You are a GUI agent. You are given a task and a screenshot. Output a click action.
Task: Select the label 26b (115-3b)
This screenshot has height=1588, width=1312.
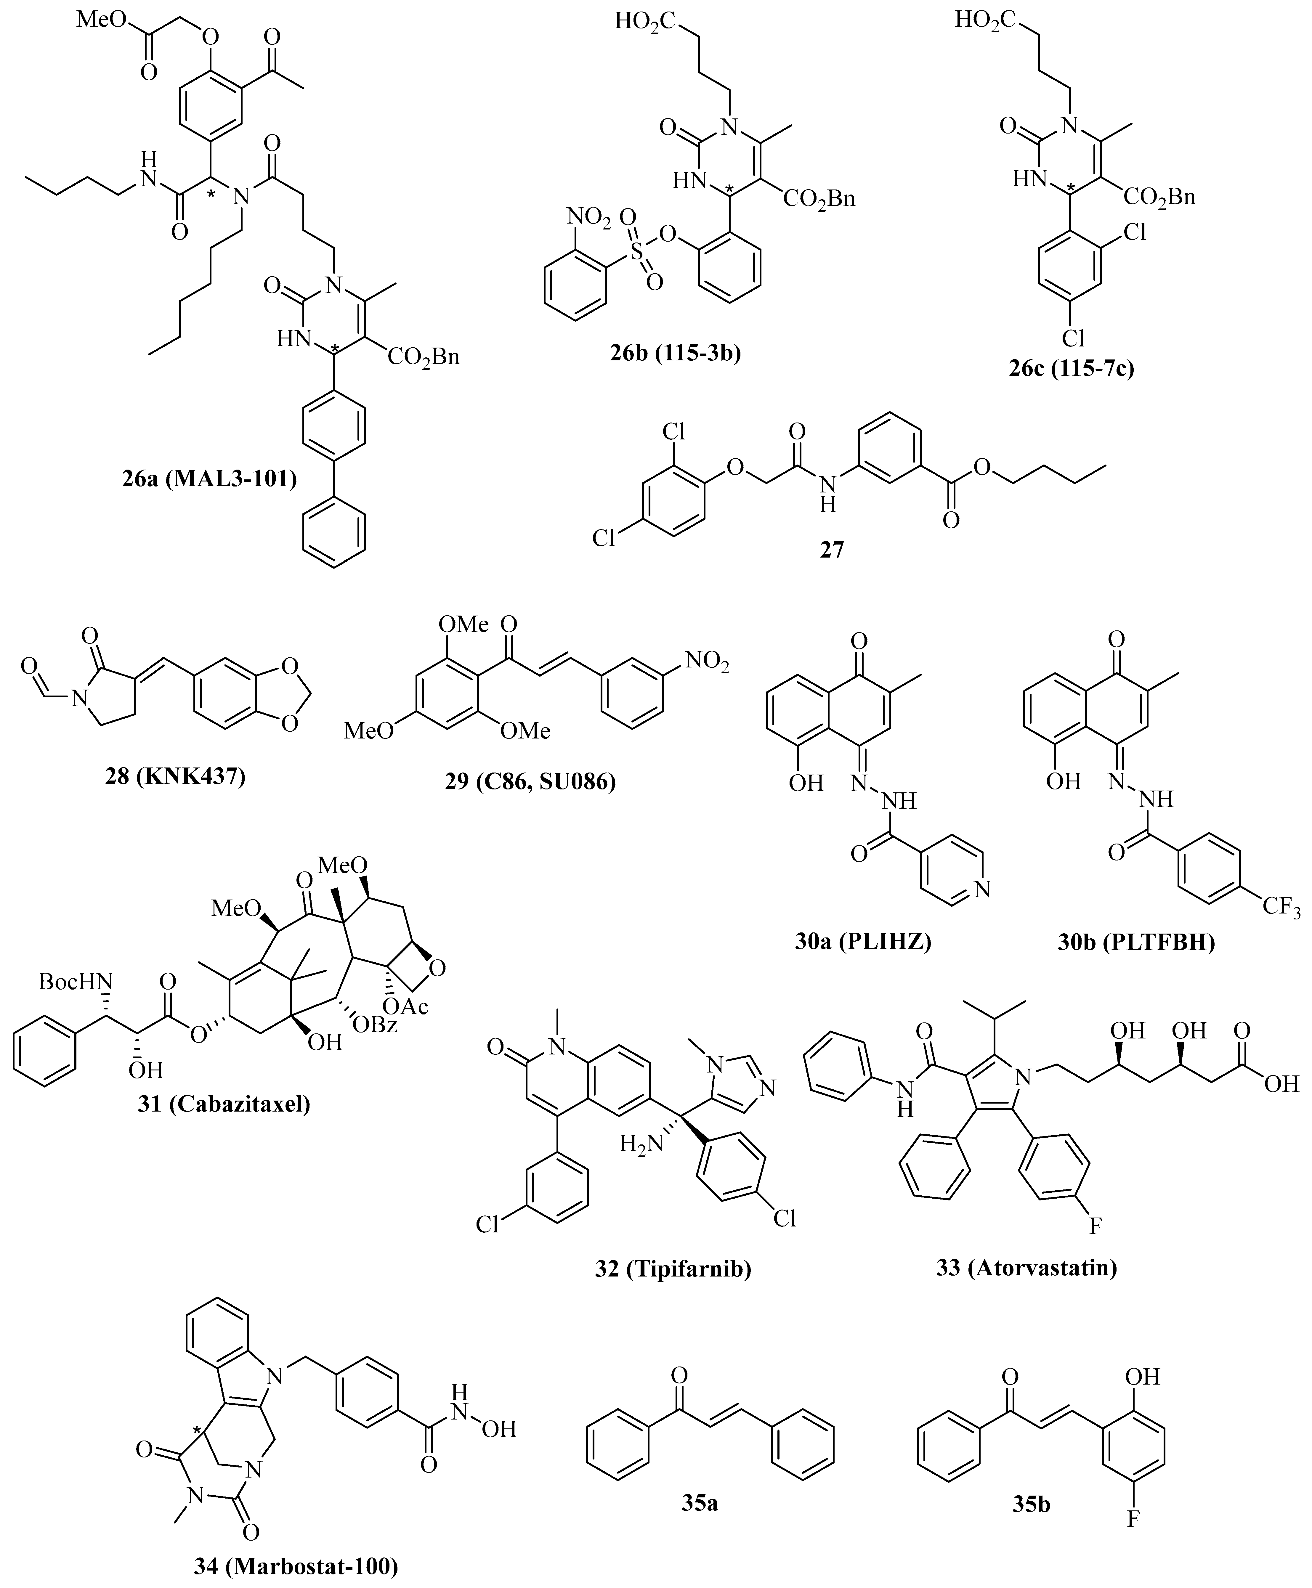tap(676, 353)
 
